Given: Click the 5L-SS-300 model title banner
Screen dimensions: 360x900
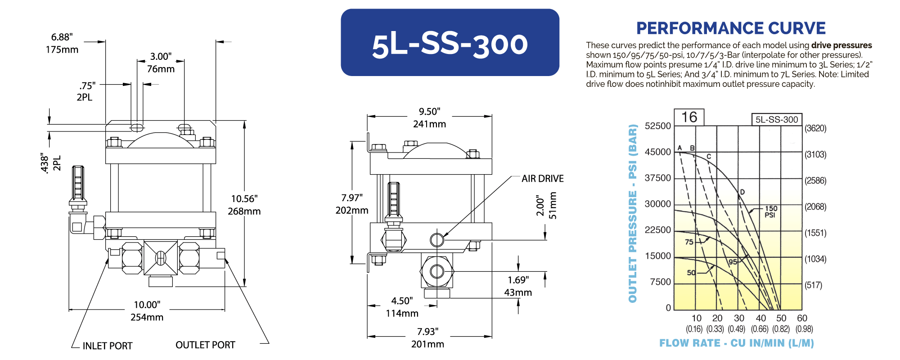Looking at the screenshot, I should tap(450, 43).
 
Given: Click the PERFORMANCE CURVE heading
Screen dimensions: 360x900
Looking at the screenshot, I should tap(730, 28).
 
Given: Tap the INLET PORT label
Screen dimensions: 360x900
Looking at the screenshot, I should tap(107, 346).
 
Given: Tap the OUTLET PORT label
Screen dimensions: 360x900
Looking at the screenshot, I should tap(205, 345).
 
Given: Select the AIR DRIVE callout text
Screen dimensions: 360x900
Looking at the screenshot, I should tap(542, 179).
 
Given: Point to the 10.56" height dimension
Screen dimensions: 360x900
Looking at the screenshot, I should tap(244, 199).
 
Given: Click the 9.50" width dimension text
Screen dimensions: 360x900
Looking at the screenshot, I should tap(429, 112).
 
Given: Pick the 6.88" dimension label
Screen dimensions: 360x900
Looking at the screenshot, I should tap(62, 37).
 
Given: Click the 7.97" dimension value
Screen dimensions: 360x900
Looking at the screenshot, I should tap(352, 198).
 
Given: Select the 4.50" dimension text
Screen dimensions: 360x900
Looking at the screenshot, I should tap(402, 301).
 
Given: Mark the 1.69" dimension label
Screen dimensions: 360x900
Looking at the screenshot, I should tap(518, 280).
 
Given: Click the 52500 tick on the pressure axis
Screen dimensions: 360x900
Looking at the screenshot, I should tap(657, 126).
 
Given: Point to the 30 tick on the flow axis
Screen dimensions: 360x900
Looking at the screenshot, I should tap(739, 318).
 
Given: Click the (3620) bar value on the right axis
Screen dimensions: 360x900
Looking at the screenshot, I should tap(815, 128).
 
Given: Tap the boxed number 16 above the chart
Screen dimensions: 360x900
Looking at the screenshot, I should tap(689, 117).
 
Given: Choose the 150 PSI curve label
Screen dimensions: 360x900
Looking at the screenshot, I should tap(770, 211).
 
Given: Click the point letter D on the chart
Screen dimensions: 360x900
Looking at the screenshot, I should tap(742, 192).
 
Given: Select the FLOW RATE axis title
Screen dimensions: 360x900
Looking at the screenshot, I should tap(736, 343).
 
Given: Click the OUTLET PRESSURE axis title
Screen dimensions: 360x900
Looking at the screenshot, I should tap(633, 213).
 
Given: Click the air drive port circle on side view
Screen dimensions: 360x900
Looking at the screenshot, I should tap(436, 239).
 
